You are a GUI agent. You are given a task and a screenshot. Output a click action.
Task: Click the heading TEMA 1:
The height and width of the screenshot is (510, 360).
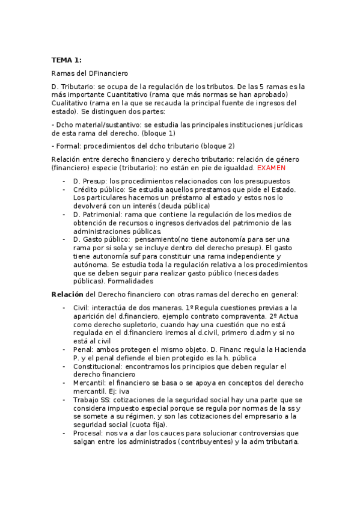click(66, 60)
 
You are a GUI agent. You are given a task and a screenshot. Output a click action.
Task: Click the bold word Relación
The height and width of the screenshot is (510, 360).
click(67, 294)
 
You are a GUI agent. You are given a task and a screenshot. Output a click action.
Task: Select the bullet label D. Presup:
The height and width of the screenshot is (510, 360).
click(91, 181)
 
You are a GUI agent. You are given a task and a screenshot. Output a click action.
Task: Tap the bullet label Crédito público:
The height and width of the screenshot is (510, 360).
click(100, 189)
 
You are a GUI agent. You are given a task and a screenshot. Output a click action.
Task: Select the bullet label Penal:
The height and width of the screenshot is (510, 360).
click(84, 349)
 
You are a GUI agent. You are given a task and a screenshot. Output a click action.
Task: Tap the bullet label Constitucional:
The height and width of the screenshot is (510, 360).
click(99, 366)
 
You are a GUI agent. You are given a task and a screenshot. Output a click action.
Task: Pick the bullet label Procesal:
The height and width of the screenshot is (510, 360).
click(89, 432)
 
